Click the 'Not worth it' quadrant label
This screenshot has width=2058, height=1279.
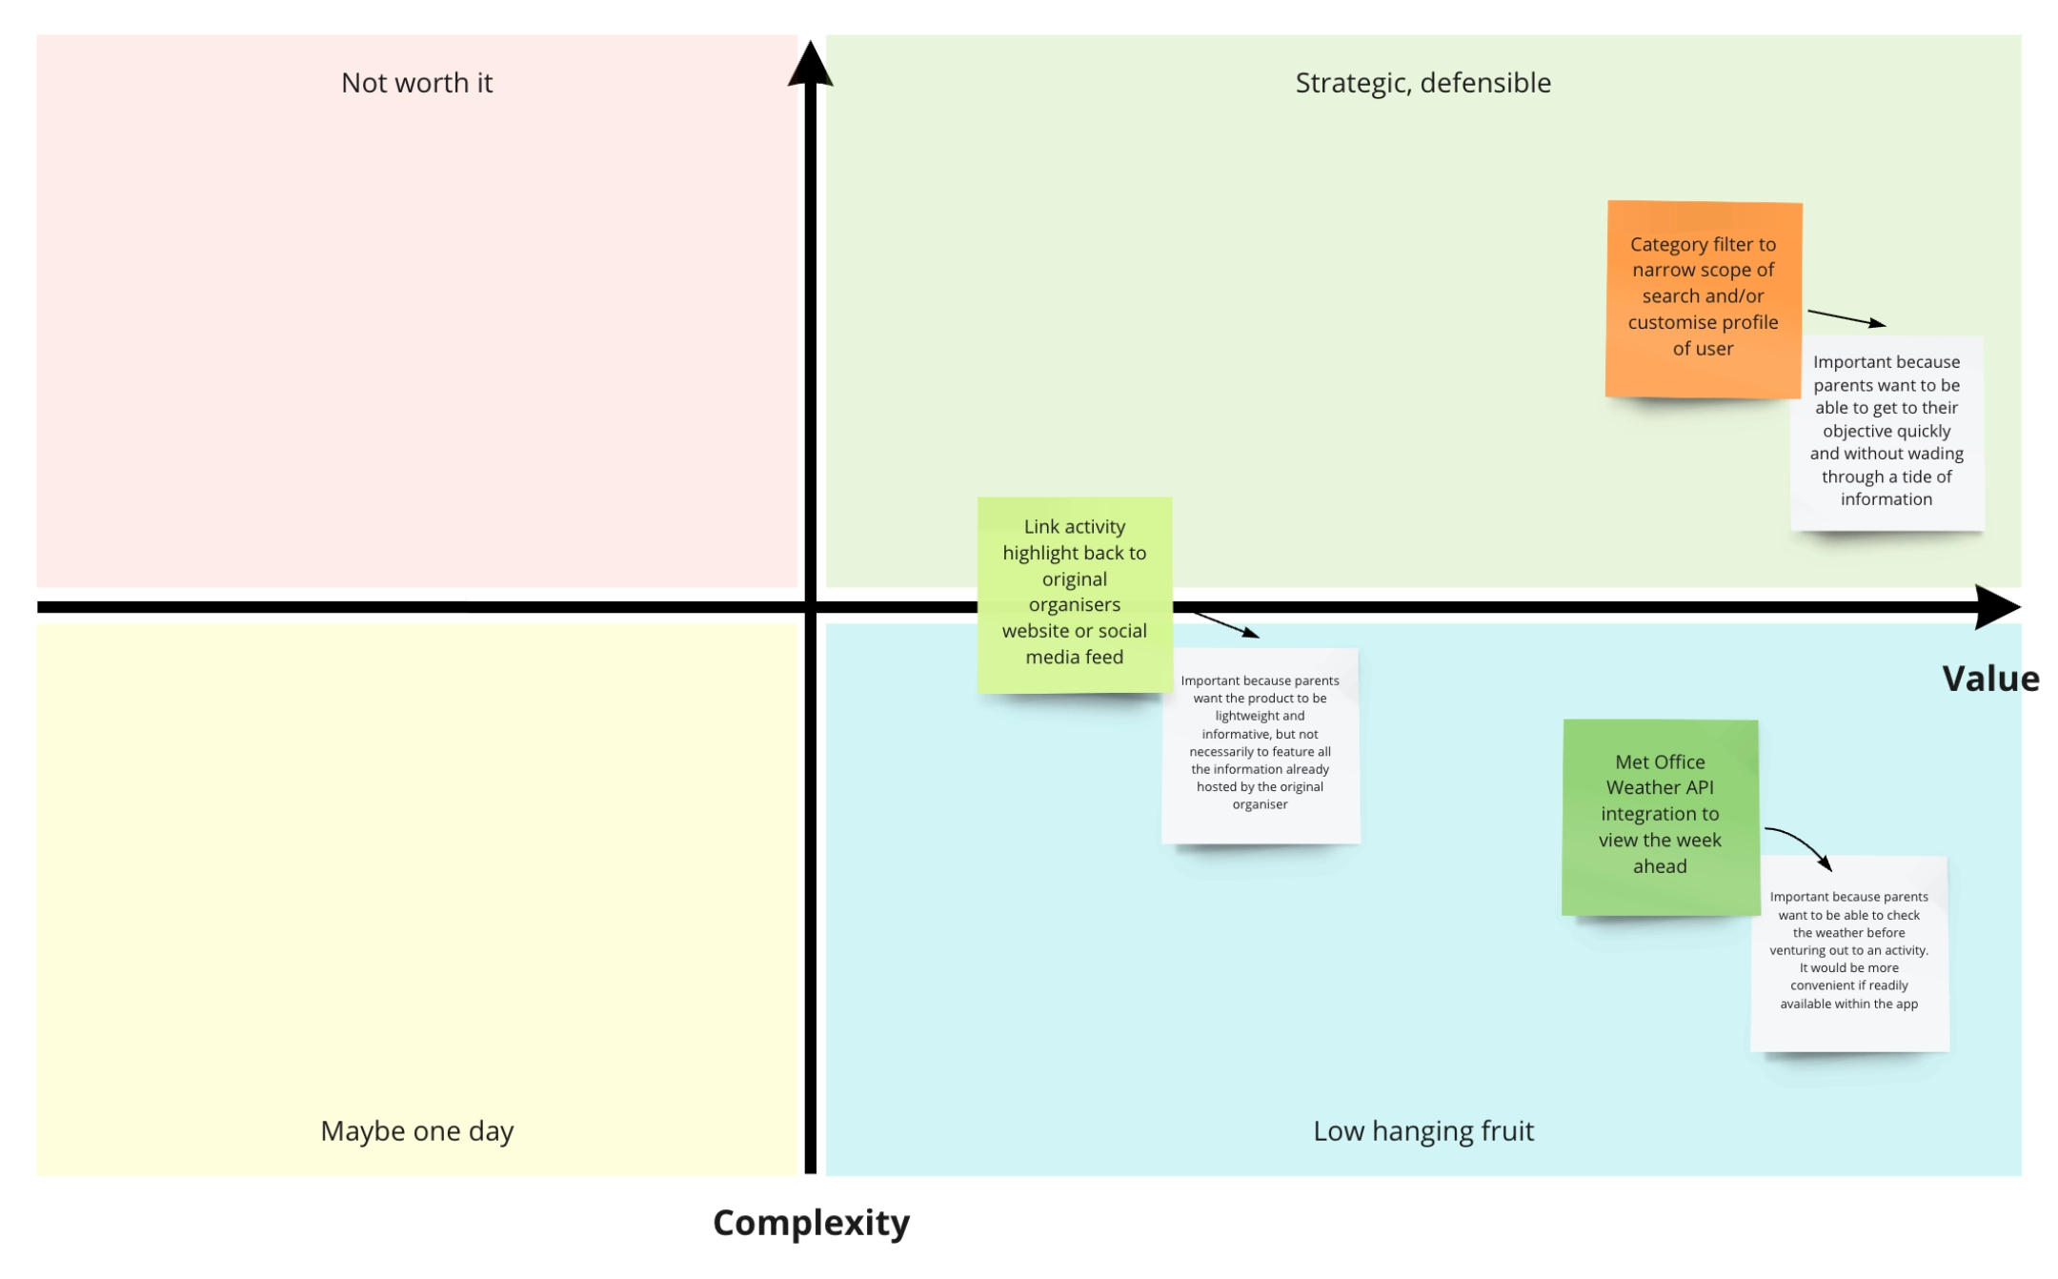pyautogui.click(x=416, y=83)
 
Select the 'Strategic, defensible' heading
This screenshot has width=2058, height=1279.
pyautogui.click(x=1422, y=83)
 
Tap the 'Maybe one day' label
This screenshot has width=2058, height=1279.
pyautogui.click(x=416, y=1130)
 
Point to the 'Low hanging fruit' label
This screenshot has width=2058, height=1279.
pyautogui.click(x=1423, y=1130)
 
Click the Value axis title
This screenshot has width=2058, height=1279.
pyautogui.click(x=1990, y=679)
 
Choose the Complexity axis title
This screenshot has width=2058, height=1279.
pyautogui.click(x=811, y=1223)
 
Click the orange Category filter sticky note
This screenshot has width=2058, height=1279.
pyautogui.click(x=1704, y=299)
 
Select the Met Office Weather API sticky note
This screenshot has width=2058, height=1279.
pyautogui.click(x=1661, y=818)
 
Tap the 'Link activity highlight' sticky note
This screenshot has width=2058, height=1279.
pyautogui.click(x=1075, y=595)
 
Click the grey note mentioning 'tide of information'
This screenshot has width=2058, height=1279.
pyautogui.click(x=1886, y=434)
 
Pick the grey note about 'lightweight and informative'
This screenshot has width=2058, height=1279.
pyautogui.click(x=1261, y=746)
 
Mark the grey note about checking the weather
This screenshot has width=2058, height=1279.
pyautogui.click(x=1849, y=954)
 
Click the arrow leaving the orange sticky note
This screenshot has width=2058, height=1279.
pyautogui.click(x=1846, y=318)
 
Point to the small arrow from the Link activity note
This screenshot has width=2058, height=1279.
pyautogui.click(x=1226, y=625)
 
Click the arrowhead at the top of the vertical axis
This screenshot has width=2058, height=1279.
pyautogui.click(x=810, y=63)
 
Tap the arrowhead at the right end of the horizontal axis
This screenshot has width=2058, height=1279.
pyautogui.click(x=1998, y=607)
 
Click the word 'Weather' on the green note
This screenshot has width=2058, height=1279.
pyautogui.click(x=1660, y=787)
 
